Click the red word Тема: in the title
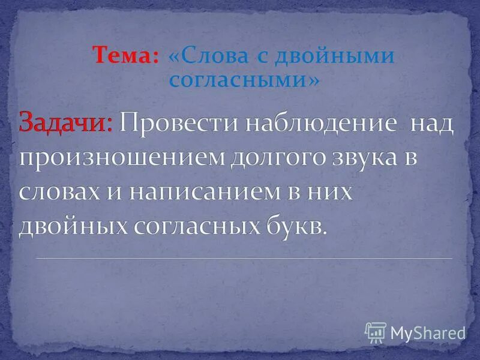tap(125, 56)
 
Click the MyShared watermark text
tap(427, 332)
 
